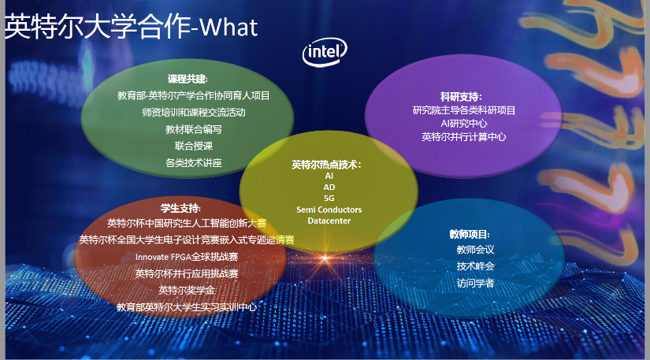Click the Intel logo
[325, 52]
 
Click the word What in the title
[228, 28]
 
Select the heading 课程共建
[188, 79]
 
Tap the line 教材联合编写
[194, 129]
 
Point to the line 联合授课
[194, 146]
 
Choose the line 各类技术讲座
[194, 163]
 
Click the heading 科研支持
[461, 97]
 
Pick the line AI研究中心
[464, 124]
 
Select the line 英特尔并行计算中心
[464, 137]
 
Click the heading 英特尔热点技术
[326, 165]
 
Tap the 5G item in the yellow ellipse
[329, 199]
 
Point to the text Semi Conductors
[329, 210]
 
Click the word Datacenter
[329, 221]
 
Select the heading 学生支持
[180, 208]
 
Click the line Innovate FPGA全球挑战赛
[187, 257]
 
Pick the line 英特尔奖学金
[187, 290]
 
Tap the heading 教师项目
[470, 234]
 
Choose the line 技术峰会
[475, 266]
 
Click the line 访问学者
[475, 283]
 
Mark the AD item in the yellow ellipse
[329, 187]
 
